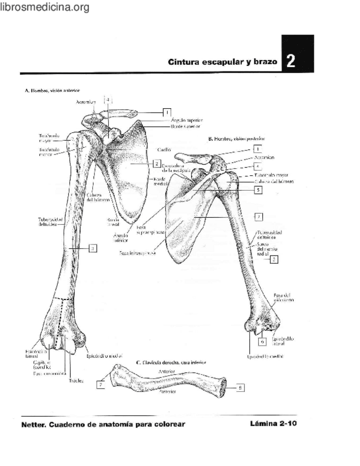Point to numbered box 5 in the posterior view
coord(257,190)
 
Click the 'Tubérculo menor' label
coord(49,151)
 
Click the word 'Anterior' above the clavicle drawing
coord(166,371)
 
